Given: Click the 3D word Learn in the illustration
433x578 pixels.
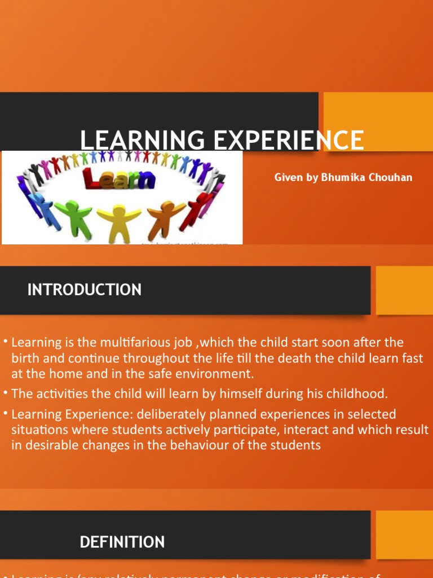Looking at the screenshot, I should point(119,179).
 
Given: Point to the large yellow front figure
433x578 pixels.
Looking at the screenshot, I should point(119,221).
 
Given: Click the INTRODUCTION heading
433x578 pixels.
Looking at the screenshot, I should point(85,290).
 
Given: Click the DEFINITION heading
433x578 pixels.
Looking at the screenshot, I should point(122,542).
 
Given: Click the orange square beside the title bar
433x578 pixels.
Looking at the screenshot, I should point(378,121).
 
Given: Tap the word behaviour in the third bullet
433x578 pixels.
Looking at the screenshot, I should point(198,445).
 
